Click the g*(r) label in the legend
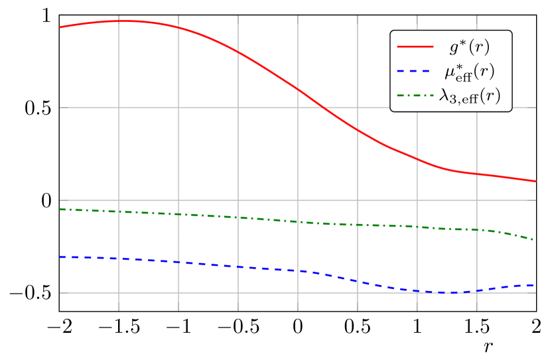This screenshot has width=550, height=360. click(469, 47)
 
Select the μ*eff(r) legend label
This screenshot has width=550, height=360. click(469, 72)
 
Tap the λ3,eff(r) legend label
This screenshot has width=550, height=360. click(469, 96)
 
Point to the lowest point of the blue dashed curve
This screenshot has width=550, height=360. click(451, 292)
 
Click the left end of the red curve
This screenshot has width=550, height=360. click(60, 27)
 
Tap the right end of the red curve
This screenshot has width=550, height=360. click(536, 181)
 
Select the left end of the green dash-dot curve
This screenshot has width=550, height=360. click(60, 210)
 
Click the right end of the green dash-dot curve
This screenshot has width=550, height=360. click(536, 239)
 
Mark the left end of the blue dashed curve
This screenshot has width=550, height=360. click(60, 257)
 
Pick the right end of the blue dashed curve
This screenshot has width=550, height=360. click(536, 285)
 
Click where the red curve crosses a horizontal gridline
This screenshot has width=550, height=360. click(320, 107)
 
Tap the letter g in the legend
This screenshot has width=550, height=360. click(454, 48)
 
